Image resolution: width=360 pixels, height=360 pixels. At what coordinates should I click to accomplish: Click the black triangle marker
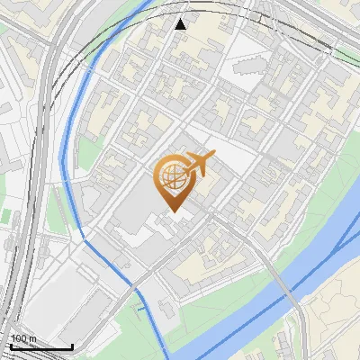[x=181, y=23]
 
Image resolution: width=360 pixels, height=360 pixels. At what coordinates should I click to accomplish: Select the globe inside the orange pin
[x=171, y=175]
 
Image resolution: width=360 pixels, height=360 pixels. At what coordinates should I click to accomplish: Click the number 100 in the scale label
[x=18, y=338]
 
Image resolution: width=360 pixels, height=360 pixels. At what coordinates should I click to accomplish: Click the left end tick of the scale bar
[x=10, y=345]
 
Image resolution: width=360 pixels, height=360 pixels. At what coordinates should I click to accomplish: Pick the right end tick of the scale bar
[x=72, y=345]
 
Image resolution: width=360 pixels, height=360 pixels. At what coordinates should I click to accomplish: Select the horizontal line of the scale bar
[x=40, y=346]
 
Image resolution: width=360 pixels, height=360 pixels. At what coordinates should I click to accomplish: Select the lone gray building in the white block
[x=245, y=69]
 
